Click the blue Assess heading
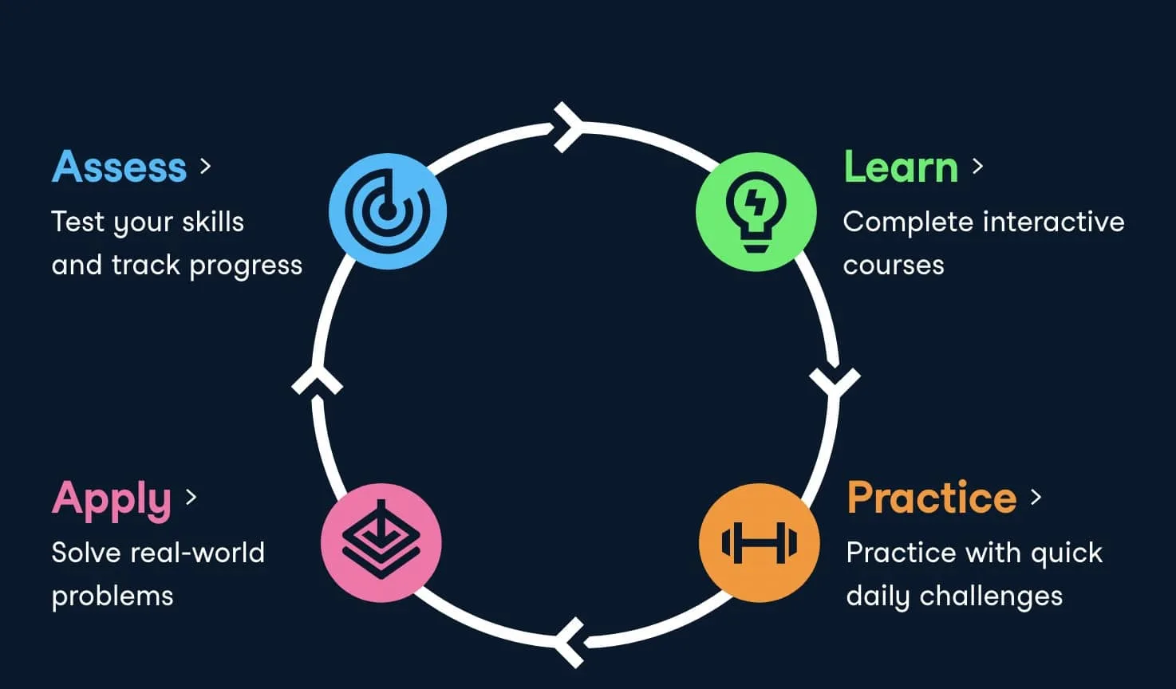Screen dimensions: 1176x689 click(119, 167)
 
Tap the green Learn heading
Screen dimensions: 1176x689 click(901, 167)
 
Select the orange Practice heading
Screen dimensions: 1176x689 click(932, 497)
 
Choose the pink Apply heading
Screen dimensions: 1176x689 click(112, 500)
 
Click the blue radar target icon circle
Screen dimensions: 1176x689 click(388, 211)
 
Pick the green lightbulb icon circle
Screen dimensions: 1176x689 click(756, 211)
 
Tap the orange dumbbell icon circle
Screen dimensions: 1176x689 click(760, 542)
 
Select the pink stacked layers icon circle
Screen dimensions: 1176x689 click(381, 542)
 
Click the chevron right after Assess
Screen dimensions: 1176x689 click(206, 167)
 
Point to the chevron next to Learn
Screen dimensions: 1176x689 click(977, 167)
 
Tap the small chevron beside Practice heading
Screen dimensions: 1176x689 click(1036, 497)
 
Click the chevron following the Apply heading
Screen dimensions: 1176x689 click(191, 497)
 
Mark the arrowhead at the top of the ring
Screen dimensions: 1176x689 click(567, 128)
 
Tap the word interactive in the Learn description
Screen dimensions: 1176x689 click(1054, 222)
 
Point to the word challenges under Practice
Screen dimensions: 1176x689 click(991, 596)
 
